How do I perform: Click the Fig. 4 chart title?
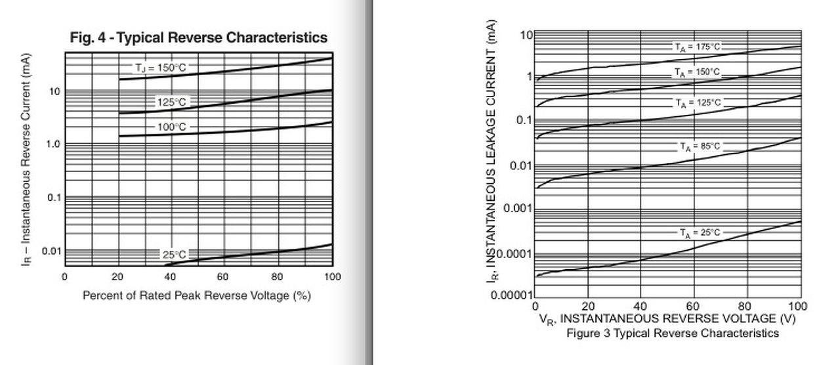(x=198, y=37)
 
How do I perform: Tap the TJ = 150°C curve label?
(x=159, y=68)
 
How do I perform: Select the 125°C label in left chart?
(x=171, y=102)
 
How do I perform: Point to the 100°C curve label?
(x=172, y=127)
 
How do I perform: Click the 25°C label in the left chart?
(x=174, y=254)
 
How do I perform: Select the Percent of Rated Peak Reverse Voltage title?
(x=196, y=296)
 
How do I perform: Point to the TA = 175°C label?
(x=698, y=47)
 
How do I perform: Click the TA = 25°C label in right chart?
(x=700, y=232)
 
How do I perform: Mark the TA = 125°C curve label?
(x=698, y=103)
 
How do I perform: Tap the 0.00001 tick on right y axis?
(x=513, y=295)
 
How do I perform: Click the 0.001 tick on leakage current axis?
(x=518, y=209)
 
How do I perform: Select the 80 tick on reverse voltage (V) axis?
(x=746, y=306)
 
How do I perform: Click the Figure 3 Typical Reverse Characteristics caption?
(x=673, y=333)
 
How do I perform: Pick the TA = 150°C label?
(x=698, y=72)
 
